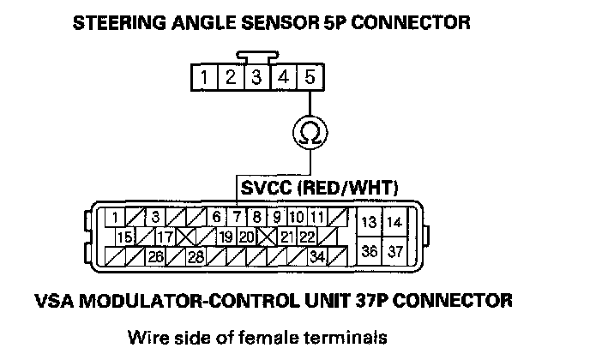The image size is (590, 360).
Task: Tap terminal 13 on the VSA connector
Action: (x=370, y=222)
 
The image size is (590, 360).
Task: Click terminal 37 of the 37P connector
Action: (x=394, y=251)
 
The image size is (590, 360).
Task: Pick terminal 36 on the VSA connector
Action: (x=370, y=251)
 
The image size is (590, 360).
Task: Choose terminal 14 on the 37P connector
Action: (x=394, y=222)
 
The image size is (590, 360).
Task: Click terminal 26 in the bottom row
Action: (x=155, y=255)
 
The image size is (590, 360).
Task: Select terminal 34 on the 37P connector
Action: (x=317, y=255)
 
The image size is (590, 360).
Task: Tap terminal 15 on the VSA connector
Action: (x=125, y=237)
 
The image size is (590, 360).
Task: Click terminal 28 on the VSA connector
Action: (x=196, y=255)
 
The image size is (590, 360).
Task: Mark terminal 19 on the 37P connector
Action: (x=226, y=237)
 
